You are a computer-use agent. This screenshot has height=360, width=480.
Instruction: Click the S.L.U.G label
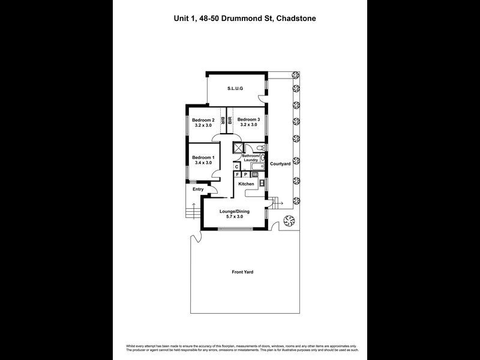[x=234, y=89]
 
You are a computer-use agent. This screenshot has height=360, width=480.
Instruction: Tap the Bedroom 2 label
[x=203, y=120]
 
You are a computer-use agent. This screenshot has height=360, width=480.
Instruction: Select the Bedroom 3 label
[x=250, y=120]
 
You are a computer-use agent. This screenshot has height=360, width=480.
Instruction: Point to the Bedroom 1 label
[x=203, y=158]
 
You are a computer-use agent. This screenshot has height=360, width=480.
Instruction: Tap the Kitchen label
[x=246, y=184]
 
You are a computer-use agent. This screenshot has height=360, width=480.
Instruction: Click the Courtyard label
[x=280, y=163]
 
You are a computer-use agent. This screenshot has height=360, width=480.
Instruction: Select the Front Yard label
[x=242, y=272]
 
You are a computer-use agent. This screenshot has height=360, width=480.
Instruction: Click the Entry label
[x=198, y=190]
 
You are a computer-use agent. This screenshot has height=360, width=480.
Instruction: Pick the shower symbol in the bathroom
[x=238, y=148]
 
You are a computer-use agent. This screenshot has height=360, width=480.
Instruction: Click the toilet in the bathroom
[x=260, y=148]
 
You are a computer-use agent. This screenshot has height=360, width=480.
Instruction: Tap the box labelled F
[x=238, y=174]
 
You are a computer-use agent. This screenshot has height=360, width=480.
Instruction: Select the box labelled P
[x=245, y=174]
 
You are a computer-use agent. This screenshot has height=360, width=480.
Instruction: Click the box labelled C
[x=236, y=166]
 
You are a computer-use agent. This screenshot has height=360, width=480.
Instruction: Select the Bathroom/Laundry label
[x=250, y=158]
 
